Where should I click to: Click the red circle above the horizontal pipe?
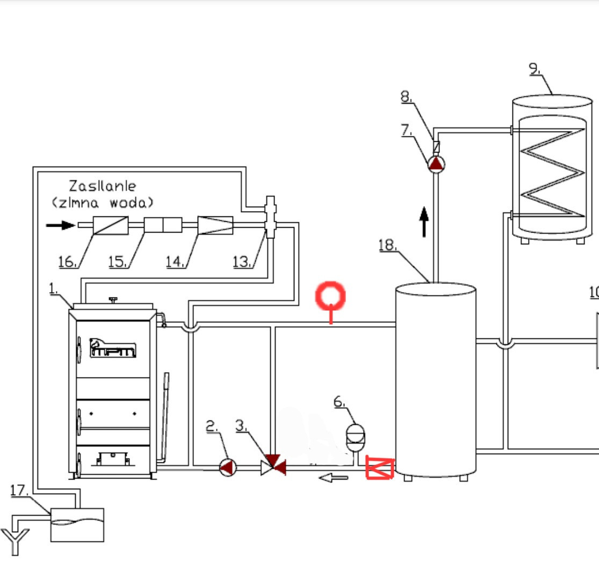330,296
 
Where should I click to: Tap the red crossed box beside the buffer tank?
380,467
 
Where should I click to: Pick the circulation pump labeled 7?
436,163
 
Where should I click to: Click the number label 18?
387,245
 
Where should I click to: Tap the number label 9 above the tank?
533,68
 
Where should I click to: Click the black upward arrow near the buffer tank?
424,221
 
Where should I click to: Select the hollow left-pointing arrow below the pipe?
334,477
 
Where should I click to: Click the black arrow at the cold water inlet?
60,225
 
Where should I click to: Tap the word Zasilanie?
102,186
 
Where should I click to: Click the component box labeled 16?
110,225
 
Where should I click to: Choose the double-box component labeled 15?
163,225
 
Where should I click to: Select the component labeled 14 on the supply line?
215,225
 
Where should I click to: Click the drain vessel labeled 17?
77,525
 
